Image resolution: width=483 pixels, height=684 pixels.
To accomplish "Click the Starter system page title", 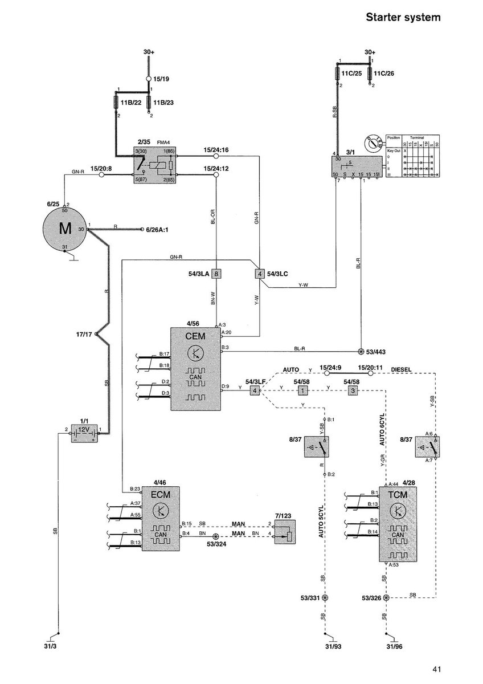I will (x=403, y=18).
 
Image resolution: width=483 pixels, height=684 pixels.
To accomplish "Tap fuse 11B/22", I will (x=120, y=103).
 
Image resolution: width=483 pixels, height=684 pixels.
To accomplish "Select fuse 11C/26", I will (x=370, y=74).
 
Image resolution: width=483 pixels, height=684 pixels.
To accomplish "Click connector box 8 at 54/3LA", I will (x=216, y=274).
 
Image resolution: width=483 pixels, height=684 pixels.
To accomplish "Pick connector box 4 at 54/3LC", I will (x=260, y=274).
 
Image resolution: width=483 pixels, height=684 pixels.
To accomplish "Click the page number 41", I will (x=436, y=669).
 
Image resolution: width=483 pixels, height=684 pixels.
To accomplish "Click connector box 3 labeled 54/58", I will (x=353, y=391).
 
